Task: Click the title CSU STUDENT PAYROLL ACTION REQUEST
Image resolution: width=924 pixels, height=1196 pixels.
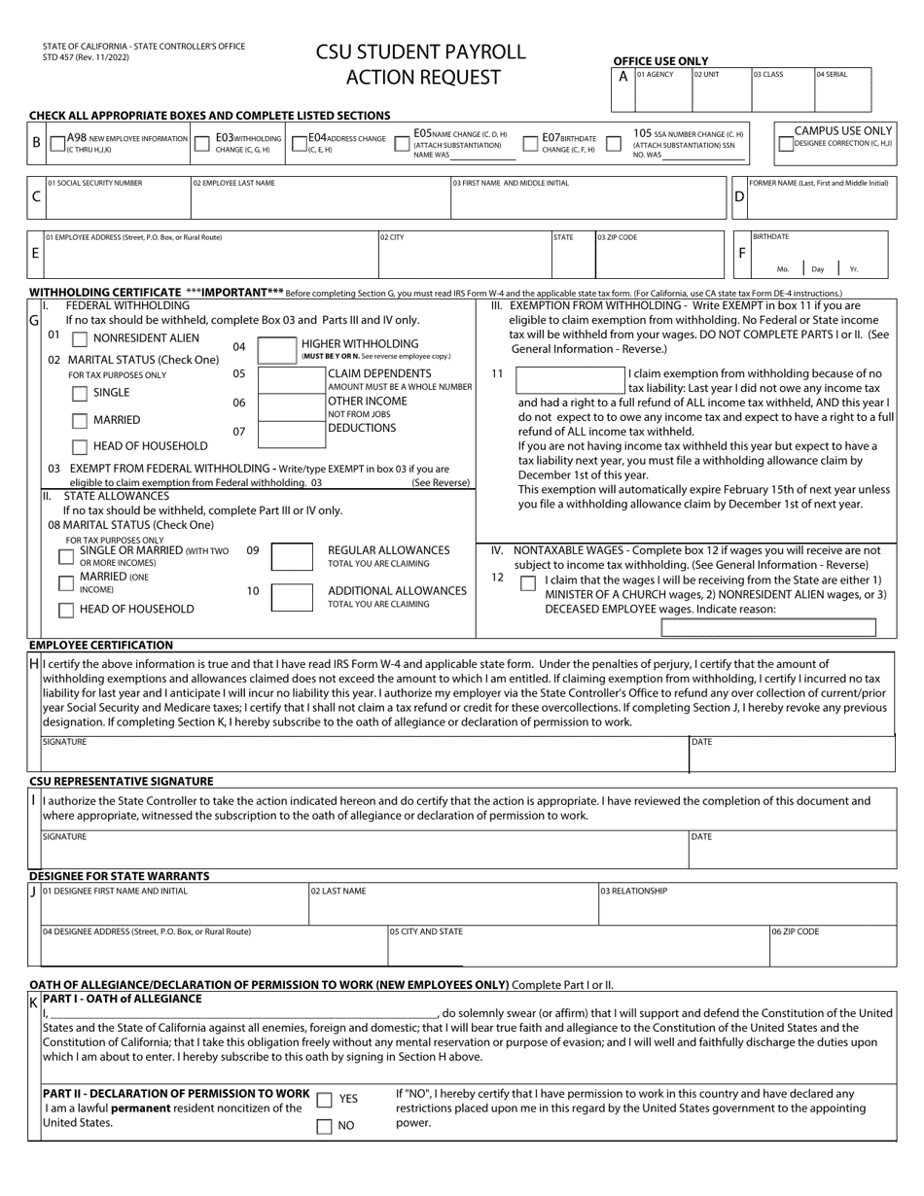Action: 420,64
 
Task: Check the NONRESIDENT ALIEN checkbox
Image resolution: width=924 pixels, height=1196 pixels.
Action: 80,339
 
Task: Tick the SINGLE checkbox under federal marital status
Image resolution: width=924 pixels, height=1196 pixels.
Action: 80,394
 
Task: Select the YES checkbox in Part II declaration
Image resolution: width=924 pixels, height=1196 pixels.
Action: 324,1100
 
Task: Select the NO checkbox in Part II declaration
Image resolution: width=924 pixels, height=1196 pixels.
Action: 324,1127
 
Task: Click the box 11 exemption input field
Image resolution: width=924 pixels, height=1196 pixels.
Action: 569,381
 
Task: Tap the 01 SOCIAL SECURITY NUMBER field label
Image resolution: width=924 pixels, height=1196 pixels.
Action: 93,183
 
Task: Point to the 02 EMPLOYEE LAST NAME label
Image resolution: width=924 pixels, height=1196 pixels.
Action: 233,183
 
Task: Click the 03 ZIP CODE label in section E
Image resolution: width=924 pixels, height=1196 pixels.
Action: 618,237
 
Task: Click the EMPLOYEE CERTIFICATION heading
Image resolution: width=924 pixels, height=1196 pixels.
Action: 101,645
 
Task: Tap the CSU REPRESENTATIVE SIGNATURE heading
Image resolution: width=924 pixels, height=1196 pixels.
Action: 121,781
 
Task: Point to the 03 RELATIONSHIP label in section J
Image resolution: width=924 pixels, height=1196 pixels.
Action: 633,891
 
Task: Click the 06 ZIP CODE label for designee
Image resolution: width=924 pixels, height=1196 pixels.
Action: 795,932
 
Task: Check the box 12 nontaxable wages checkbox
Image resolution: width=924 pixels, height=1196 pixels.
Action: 527,583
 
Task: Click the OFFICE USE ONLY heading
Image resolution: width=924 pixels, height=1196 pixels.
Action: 660,60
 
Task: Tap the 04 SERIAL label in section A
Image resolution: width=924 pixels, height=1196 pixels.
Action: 831,75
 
